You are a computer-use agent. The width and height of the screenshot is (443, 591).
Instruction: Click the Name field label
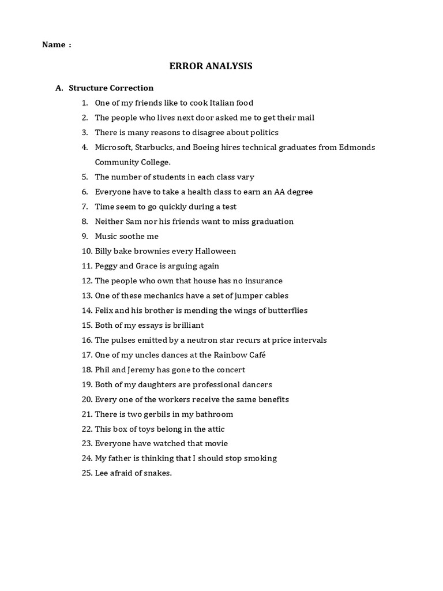pos(54,45)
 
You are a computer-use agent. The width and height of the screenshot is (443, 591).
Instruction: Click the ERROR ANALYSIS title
pos(211,66)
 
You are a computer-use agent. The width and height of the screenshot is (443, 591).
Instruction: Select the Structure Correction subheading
pos(111,88)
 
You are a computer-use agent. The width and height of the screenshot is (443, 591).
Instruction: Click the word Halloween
pos(215,251)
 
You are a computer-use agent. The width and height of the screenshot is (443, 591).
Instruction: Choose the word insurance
pos(261,281)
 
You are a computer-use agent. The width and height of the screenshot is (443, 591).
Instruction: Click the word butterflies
pos(286,311)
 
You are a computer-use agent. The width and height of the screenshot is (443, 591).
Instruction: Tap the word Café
pos(255,355)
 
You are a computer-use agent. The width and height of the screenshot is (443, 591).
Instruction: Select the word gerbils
pos(156,414)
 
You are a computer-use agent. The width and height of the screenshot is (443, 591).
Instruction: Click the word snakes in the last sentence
pos(156,473)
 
